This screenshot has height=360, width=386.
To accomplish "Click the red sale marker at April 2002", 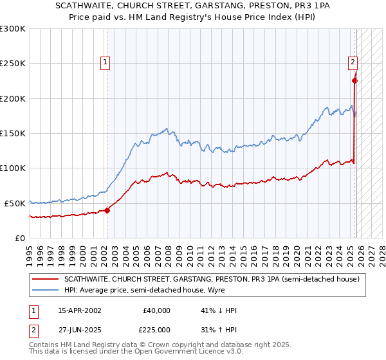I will point(107,210).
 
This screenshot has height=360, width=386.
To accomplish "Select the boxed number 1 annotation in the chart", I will point(105,62).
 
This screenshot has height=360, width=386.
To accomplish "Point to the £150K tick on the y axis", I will point(13,133).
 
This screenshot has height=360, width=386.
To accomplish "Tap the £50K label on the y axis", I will point(15,203).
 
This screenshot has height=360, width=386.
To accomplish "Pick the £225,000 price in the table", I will point(156,330).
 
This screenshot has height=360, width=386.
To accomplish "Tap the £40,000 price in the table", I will point(156,310).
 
